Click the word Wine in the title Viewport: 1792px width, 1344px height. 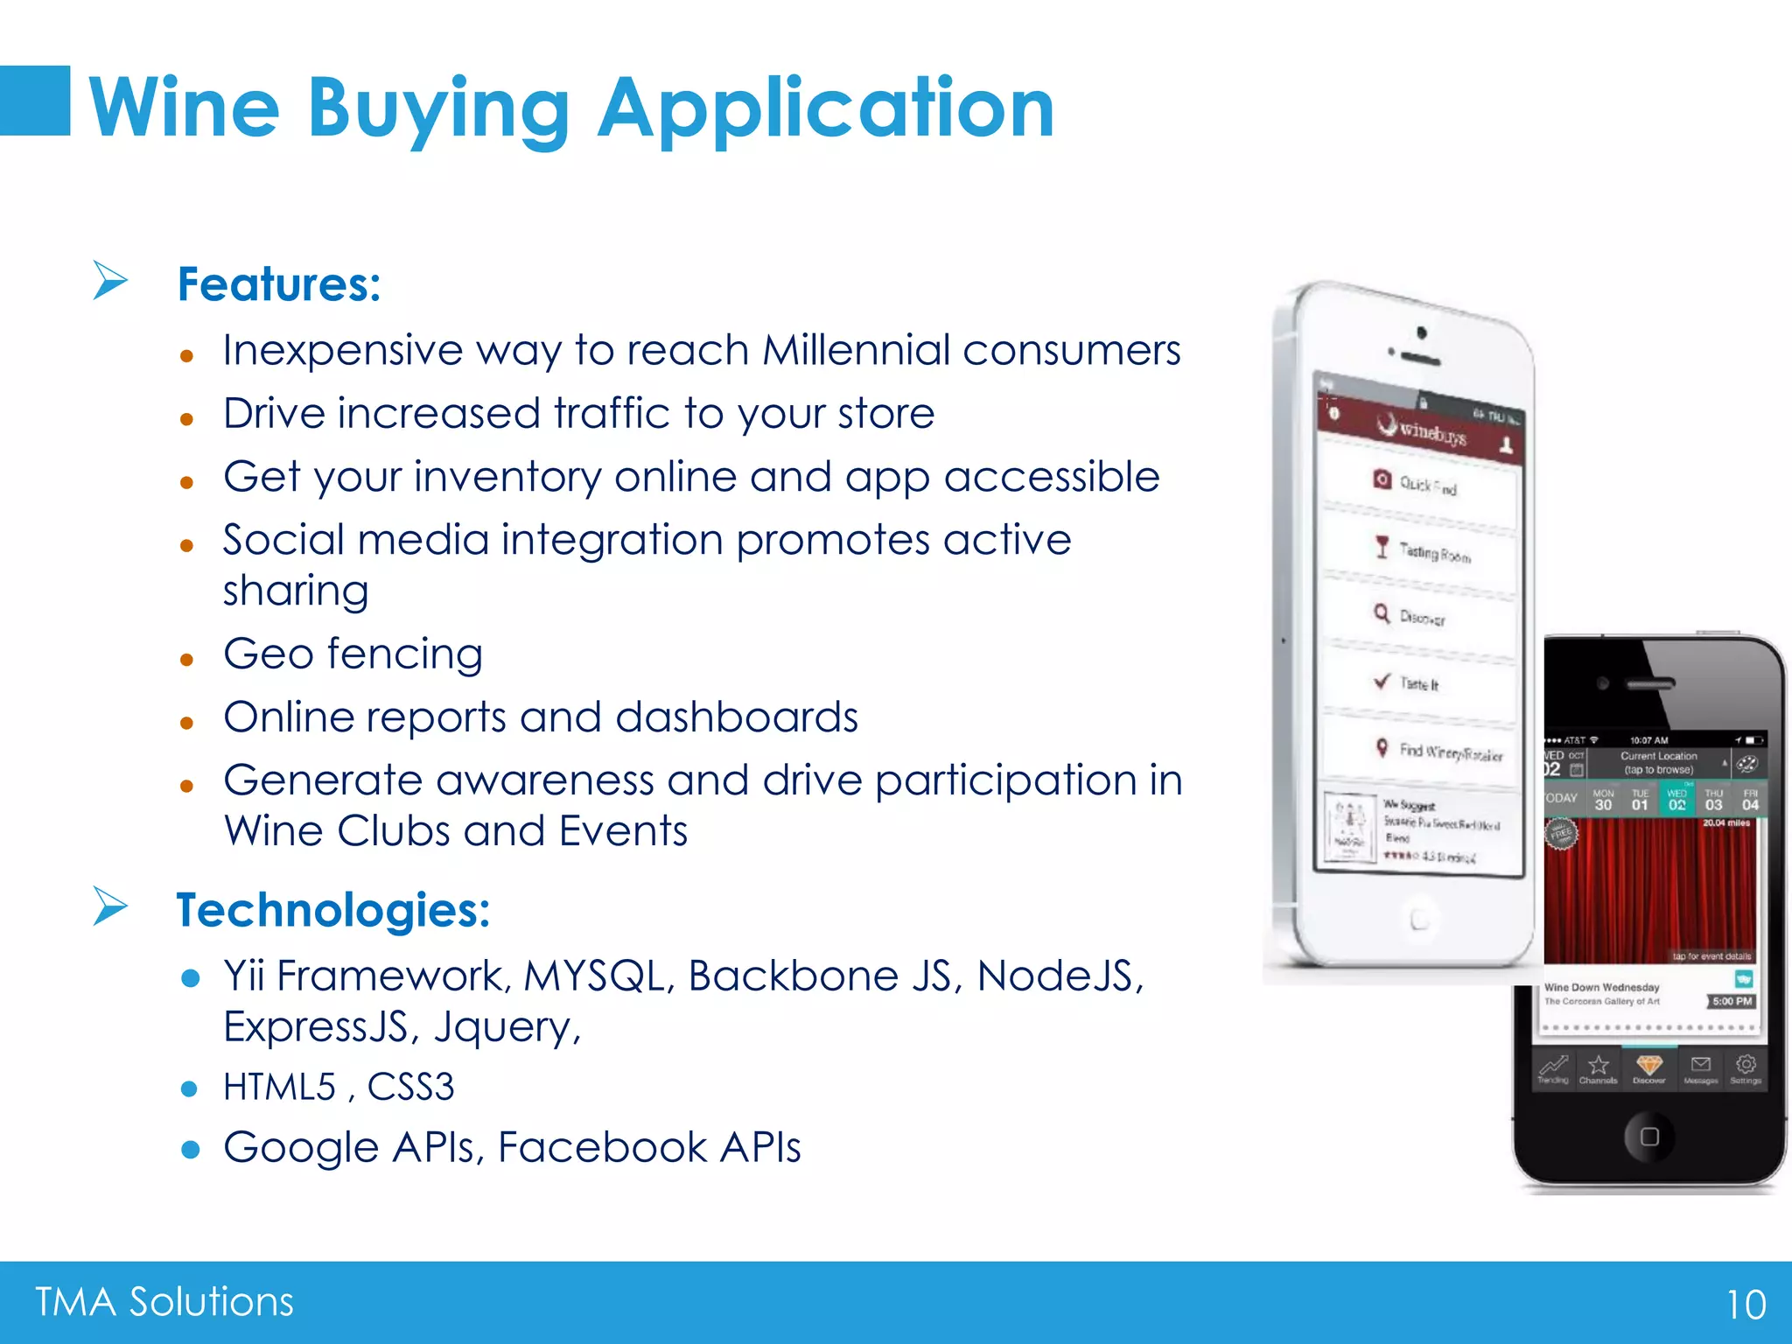click(x=185, y=108)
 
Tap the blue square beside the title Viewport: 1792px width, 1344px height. click(x=35, y=101)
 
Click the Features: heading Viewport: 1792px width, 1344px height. click(x=279, y=284)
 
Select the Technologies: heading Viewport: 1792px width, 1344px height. click(x=332, y=910)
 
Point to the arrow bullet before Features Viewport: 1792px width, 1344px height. click(x=110, y=281)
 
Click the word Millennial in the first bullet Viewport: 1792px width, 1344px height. click(x=855, y=350)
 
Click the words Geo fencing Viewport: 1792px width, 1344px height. click(x=353, y=654)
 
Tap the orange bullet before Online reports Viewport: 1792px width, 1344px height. click(x=186, y=724)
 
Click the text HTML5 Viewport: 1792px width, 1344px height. click(x=279, y=1088)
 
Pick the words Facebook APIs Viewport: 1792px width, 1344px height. click(x=649, y=1147)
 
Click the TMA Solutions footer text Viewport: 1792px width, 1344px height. click(x=164, y=1302)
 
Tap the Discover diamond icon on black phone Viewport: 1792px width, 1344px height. click(x=1648, y=1067)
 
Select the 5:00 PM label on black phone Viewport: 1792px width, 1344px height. click(x=1732, y=1001)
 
